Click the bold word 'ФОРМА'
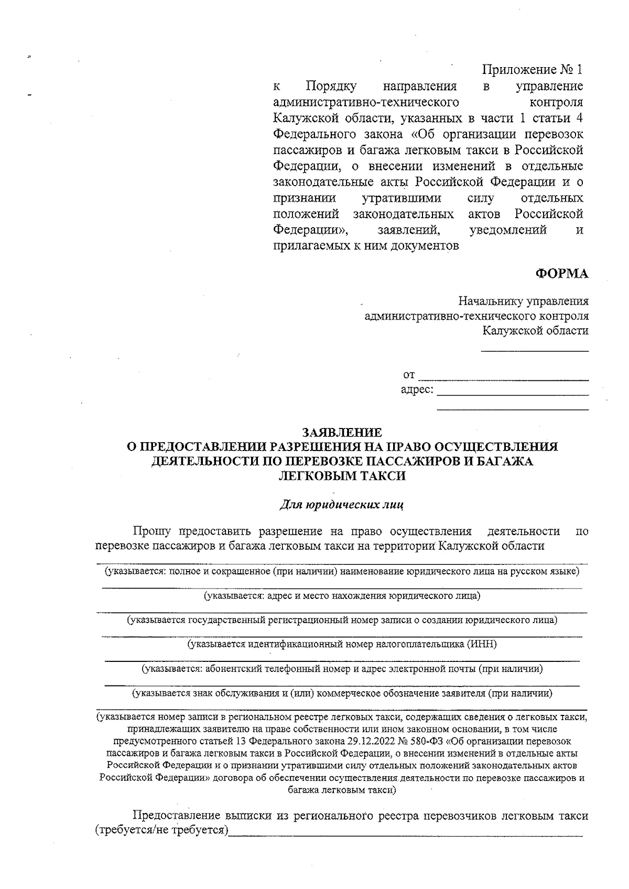pyautogui.click(x=561, y=274)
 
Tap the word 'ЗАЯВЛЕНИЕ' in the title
pyautogui.click(x=342, y=433)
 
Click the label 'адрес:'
pyautogui.click(x=417, y=390)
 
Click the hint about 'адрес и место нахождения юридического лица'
pyautogui.click(x=342, y=596)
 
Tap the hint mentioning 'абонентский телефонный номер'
pyautogui.click(x=342, y=669)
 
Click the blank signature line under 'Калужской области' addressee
pyautogui.click(x=535, y=350)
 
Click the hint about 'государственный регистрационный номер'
pyautogui.click(x=342, y=620)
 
